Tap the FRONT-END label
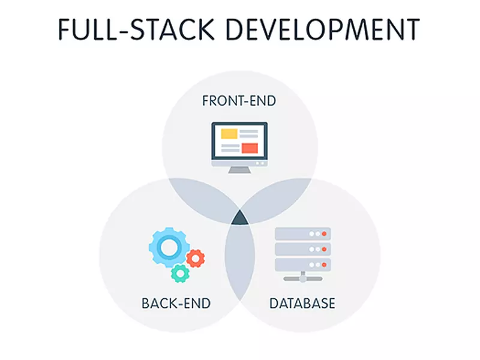239,100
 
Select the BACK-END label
176,303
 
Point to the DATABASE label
302,303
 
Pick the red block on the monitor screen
249,148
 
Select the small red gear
195,258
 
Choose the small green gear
179,273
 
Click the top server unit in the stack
302,233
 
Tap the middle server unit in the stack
302,248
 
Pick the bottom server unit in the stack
302,264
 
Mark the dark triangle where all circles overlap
239,218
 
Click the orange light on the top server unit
324,233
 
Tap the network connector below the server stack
302,278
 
